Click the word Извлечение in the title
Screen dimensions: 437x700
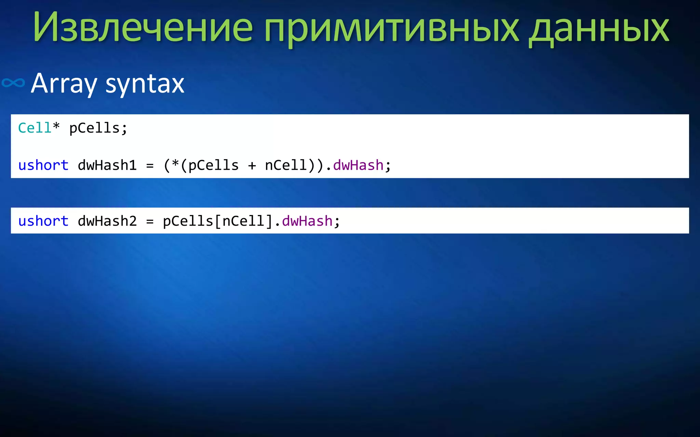[143, 27]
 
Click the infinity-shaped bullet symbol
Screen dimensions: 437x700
[13, 83]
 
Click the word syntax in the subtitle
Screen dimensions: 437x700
[145, 84]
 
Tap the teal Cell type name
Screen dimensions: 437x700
[35, 128]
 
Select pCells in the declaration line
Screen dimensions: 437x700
[94, 128]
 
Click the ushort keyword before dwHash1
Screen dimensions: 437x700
[43, 165]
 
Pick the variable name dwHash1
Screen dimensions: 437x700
[107, 165]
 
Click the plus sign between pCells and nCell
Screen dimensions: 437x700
[252, 166]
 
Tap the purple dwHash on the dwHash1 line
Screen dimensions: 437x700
[358, 165]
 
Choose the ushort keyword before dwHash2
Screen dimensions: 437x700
[43, 221]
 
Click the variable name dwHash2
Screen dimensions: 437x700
[107, 221]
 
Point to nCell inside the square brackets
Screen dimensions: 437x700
[243, 221]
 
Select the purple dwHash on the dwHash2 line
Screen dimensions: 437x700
[307, 221]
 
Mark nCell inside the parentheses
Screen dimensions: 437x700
[286, 165]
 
